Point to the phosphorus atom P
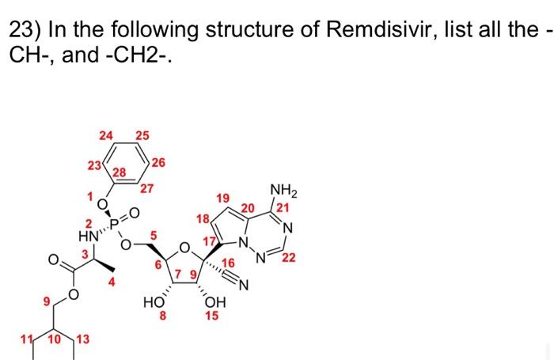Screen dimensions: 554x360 click(x=118, y=225)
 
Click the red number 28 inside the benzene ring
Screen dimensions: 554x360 click(x=121, y=172)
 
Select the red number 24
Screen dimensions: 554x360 click(x=105, y=136)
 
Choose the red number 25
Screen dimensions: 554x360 click(x=142, y=136)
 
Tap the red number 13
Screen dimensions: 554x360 click(x=82, y=340)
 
